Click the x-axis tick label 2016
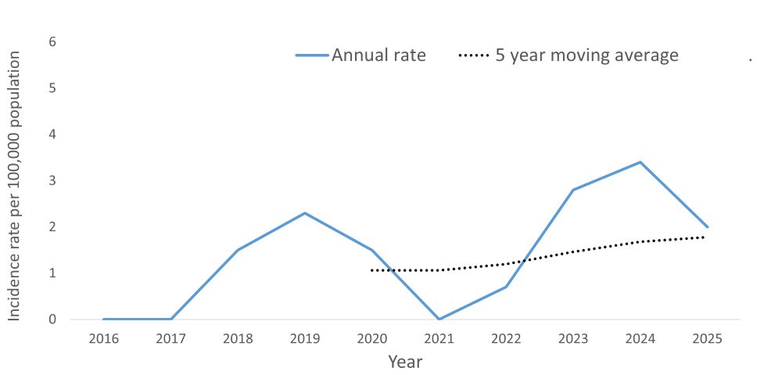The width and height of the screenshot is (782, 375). point(104,339)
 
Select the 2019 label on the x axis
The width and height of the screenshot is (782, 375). point(305,339)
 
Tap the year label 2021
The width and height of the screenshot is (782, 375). point(439,339)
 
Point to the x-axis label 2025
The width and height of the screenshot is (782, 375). point(707,339)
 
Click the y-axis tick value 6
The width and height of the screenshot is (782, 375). point(52,41)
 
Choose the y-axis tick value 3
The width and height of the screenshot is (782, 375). point(52,180)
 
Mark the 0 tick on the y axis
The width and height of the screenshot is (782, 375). point(52,320)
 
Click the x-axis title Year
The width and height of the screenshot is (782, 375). point(405,362)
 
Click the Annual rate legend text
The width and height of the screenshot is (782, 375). point(378,55)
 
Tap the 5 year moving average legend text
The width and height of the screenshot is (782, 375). point(586,55)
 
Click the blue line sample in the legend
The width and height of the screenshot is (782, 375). point(311,55)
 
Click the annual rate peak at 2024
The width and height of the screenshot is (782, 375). point(640,162)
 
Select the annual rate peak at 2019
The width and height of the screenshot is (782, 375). point(305,212)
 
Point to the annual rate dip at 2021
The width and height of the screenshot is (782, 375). point(439,319)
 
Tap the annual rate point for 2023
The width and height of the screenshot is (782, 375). point(573,190)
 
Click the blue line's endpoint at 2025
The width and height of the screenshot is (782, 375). point(707,227)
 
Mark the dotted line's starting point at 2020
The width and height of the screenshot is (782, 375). point(372,270)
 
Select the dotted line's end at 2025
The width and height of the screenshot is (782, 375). point(705,237)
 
